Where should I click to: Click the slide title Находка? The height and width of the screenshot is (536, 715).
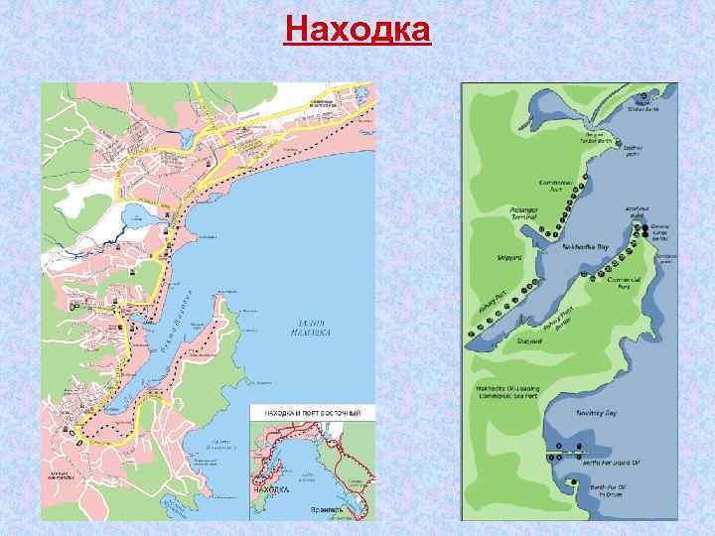[357, 29]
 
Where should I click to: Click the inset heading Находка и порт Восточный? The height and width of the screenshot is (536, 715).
[312, 412]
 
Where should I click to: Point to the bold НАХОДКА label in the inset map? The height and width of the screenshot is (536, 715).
[270, 489]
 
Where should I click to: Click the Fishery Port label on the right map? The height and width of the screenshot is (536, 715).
[492, 314]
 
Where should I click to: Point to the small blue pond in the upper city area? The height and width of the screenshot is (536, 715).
[185, 139]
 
